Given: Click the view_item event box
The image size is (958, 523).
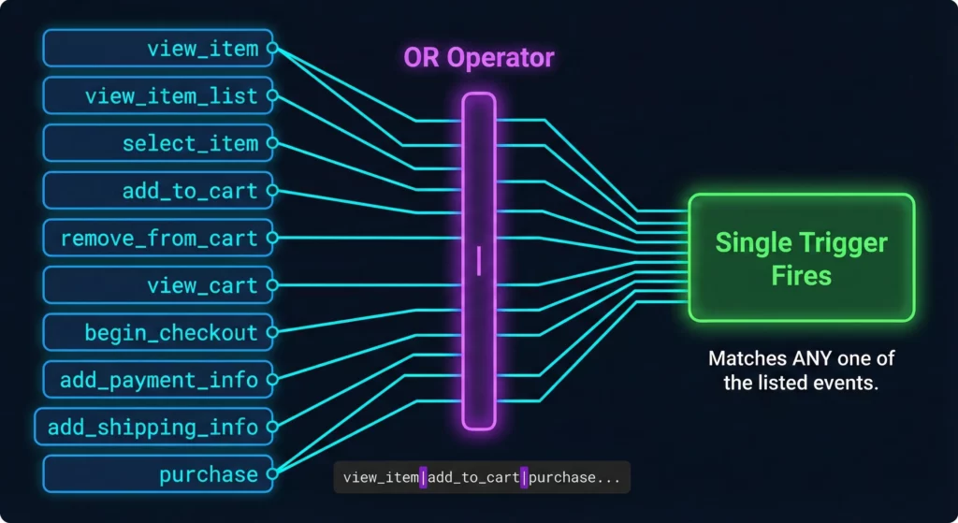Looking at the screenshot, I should coord(157,48).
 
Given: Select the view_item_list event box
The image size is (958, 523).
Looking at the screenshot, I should coord(157,95).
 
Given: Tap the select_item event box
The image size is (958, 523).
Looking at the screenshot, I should coord(157,143).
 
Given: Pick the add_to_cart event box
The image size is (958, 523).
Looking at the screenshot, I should coord(157,191).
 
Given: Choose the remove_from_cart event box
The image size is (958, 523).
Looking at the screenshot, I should coord(157,238).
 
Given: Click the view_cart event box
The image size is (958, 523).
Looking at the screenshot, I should coord(157,285).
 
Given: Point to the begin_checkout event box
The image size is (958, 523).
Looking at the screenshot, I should coord(157,332).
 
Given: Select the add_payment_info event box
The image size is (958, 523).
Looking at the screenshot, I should coord(157,380).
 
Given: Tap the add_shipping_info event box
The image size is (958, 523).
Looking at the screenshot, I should coord(153,427).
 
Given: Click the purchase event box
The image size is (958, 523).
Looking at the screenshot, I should coord(157,474).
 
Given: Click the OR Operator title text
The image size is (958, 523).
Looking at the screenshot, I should coord(478,57).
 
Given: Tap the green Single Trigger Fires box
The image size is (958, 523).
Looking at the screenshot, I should coord(801,257).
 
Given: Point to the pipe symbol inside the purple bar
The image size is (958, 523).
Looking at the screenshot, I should coord(479,260).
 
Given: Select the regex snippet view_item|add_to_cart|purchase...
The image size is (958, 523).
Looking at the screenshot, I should coord(481,477).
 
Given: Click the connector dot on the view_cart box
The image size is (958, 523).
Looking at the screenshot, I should coord(272,285).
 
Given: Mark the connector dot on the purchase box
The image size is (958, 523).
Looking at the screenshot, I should coord(272,474).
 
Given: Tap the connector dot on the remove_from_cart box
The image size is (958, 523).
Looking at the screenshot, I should coord(272,238).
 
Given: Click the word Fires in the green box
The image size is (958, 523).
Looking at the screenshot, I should coord(801,277).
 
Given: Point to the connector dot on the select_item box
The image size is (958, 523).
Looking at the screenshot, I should coord(272,143).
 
